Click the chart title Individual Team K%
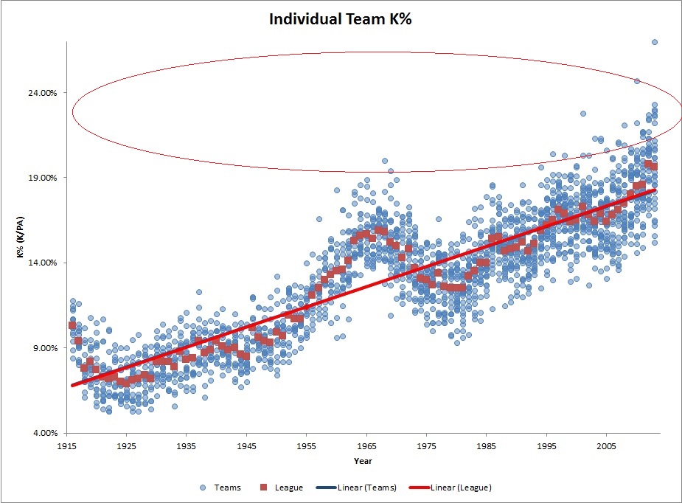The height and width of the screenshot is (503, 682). point(341,20)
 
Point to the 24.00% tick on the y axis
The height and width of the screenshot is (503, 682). point(42,93)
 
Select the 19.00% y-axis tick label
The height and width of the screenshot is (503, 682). point(42,178)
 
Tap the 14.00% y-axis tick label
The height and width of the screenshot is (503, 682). point(42,263)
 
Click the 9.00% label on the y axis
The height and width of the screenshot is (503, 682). point(44,348)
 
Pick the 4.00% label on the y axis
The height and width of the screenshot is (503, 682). point(44,433)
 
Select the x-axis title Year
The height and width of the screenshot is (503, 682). point(362,462)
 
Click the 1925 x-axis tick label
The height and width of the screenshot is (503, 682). point(127,446)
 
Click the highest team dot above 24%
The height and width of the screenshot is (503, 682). point(654,42)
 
